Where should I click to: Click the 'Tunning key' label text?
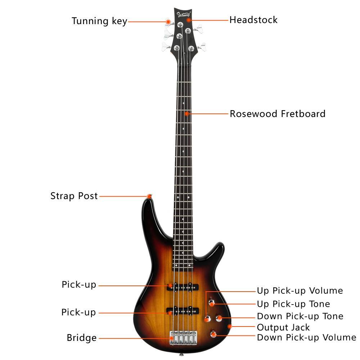[x=99, y=21]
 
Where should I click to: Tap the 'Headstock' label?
[x=253, y=19]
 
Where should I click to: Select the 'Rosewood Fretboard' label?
[x=278, y=114]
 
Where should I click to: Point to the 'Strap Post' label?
[x=74, y=196]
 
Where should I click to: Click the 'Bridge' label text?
[x=82, y=338]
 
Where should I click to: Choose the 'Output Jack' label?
[x=283, y=327]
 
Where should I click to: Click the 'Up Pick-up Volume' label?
[x=300, y=291]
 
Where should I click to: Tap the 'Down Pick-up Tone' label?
[x=300, y=316]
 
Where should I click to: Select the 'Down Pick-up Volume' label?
[x=306, y=338]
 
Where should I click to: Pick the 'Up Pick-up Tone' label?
[x=293, y=304]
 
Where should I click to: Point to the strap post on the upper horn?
[x=149, y=196]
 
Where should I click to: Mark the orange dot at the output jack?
[x=230, y=327]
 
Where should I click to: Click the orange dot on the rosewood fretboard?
[x=187, y=114]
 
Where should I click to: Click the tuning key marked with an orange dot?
[x=167, y=22]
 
